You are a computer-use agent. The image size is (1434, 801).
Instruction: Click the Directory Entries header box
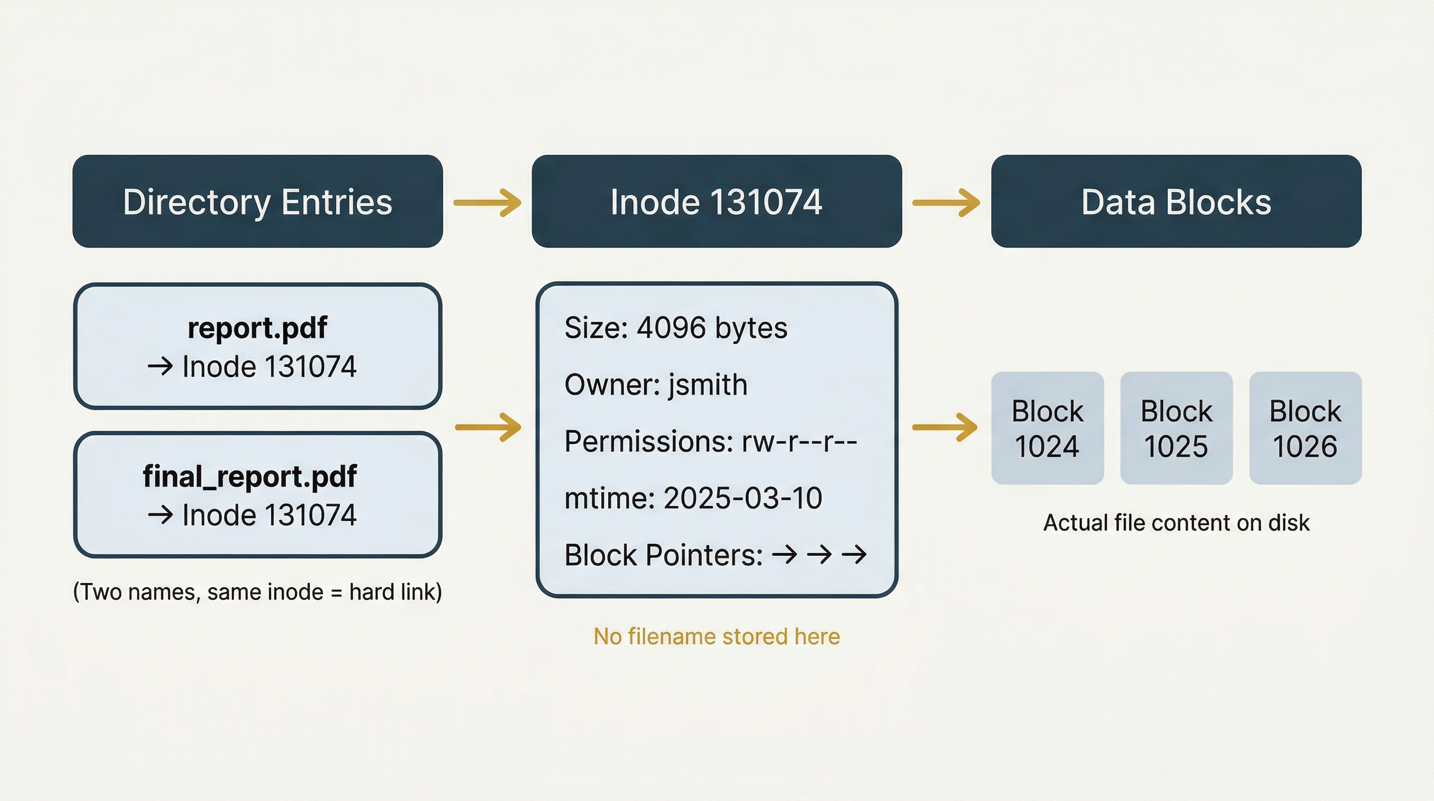click(x=257, y=201)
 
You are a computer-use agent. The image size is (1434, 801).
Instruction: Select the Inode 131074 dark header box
click(x=716, y=201)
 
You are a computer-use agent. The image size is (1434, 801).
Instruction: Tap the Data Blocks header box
click(x=1176, y=201)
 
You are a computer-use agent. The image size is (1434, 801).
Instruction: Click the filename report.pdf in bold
click(x=257, y=327)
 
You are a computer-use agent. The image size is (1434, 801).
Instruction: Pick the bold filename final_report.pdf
click(x=250, y=476)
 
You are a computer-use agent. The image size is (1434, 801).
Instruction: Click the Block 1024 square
click(x=1047, y=428)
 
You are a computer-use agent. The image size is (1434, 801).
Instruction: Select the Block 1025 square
click(x=1176, y=428)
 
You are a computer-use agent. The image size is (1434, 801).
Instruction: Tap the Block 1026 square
click(x=1305, y=428)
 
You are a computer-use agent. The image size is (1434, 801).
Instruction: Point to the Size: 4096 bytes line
click(x=676, y=327)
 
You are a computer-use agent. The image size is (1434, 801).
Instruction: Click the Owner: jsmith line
click(x=656, y=384)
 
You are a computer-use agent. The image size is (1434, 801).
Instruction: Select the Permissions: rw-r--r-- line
click(x=710, y=441)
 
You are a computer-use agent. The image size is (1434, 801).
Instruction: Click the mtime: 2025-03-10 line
click(x=693, y=498)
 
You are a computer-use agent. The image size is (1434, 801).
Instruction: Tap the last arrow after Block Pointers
click(x=854, y=554)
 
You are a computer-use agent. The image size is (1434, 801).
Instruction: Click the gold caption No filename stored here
click(x=716, y=636)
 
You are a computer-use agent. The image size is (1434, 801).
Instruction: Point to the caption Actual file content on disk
click(x=1176, y=523)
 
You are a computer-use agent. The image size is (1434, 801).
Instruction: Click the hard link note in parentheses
click(x=257, y=591)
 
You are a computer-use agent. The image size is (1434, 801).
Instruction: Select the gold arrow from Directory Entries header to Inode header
click(x=487, y=202)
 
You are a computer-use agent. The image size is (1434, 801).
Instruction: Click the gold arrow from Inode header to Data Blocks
click(x=946, y=202)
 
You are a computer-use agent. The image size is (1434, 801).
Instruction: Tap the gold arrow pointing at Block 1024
click(x=945, y=427)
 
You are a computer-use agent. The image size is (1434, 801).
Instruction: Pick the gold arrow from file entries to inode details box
click(x=488, y=427)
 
